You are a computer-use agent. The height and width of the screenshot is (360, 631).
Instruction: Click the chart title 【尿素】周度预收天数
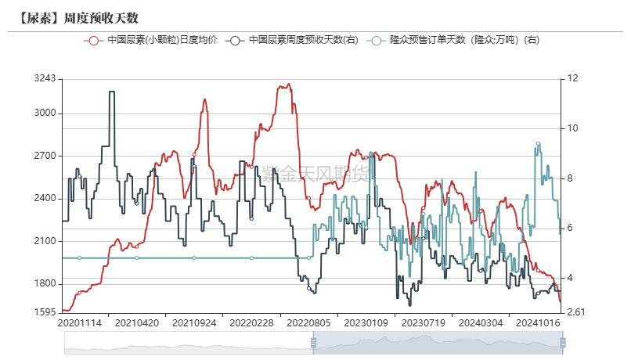[x=69, y=17]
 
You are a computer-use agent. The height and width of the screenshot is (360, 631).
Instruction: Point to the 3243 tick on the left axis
[x=45, y=78]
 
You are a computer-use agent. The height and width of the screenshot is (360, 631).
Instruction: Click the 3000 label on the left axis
[x=45, y=113]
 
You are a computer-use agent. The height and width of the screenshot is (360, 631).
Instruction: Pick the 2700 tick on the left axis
[x=45, y=156]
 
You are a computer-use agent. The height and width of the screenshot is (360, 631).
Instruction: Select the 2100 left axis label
[x=45, y=241]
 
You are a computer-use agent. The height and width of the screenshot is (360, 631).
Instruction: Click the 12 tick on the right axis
[x=572, y=78]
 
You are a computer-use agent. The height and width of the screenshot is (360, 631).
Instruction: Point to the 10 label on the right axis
[x=572, y=128]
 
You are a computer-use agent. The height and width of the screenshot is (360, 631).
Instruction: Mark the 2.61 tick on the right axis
[x=575, y=312]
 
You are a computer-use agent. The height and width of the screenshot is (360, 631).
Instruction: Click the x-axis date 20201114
[x=79, y=322]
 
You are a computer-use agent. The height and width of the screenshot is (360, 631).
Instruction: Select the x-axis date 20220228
[x=251, y=322]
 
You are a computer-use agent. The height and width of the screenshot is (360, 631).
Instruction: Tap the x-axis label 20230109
[x=366, y=322]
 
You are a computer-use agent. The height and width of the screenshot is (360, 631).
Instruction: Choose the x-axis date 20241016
[x=538, y=322]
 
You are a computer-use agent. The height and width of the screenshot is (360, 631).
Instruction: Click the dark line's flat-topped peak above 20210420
[x=111, y=92]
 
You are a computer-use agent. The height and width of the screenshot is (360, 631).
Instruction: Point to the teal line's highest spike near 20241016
[x=538, y=144]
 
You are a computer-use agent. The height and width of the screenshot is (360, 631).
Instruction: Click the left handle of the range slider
[x=313, y=342]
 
